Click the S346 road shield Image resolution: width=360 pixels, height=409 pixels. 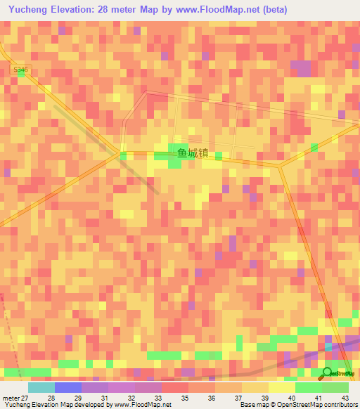(x=22, y=70)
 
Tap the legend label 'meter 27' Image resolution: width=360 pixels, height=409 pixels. (x=15, y=398)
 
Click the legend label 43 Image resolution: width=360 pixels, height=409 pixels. (x=346, y=398)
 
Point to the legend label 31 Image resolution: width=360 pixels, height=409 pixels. (x=105, y=398)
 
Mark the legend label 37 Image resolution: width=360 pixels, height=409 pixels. (x=239, y=398)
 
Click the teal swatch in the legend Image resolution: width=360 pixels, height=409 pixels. (x=41, y=387)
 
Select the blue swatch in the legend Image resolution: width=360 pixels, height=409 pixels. (x=68, y=387)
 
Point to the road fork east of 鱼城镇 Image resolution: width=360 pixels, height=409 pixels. (x=280, y=166)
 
